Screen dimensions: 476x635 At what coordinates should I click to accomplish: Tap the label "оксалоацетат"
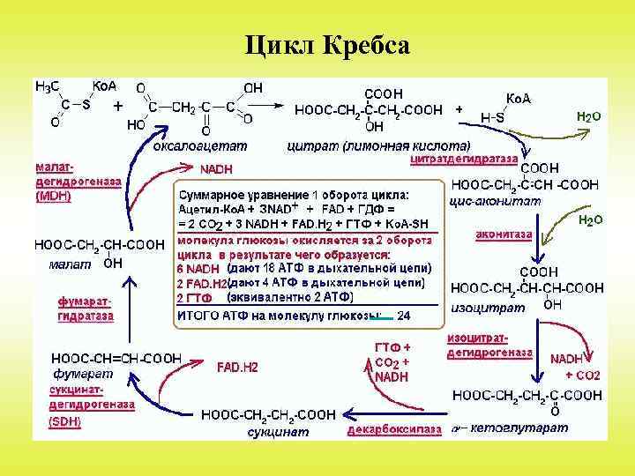[200, 145]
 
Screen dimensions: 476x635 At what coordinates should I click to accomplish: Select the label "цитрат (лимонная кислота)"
[379, 145]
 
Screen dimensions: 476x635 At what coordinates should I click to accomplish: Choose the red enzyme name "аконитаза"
[504, 234]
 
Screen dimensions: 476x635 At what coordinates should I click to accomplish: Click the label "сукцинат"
[278, 431]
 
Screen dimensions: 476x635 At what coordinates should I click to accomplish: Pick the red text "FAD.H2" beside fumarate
[238, 367]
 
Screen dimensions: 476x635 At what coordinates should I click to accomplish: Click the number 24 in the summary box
[404, 315]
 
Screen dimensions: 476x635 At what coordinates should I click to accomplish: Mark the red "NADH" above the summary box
[216, 168]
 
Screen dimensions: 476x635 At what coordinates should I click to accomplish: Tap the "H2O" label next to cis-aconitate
[590, 219]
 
